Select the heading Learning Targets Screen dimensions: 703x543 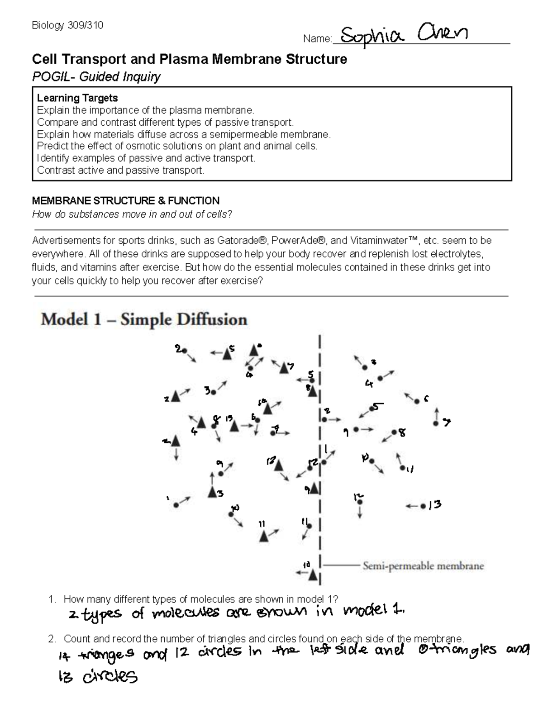pos(77,98)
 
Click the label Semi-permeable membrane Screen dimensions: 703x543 pos(423,566)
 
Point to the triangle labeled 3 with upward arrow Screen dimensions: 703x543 pos(212,492)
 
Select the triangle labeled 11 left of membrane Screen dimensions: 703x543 pos(264,537)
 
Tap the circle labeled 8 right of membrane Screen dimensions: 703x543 pos(395,432)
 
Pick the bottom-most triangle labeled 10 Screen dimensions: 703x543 pos(313,575)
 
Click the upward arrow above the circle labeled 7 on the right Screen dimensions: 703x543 pos(436,413)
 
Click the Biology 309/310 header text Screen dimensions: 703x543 pos(67,25)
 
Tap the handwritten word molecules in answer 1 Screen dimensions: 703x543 pos(186,613)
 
